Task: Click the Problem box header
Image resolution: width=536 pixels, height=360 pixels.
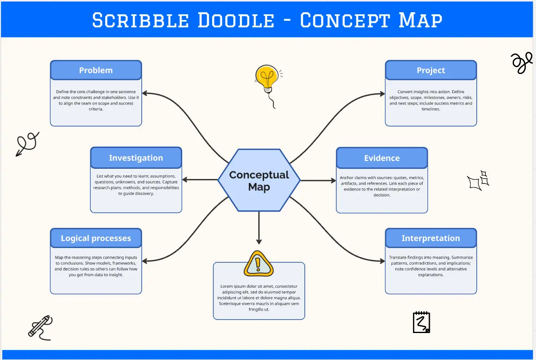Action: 96,70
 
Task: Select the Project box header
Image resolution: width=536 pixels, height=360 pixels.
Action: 431,70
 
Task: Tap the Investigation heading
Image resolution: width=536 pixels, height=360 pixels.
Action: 136,158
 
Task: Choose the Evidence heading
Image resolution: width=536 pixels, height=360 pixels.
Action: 382,158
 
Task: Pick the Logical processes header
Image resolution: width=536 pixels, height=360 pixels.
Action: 96,238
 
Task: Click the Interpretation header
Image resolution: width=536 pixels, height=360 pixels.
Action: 431,238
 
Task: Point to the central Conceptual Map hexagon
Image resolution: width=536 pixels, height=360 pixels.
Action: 259,180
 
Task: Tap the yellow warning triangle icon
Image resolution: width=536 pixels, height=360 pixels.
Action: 259,264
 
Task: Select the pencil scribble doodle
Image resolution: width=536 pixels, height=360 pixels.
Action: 40,327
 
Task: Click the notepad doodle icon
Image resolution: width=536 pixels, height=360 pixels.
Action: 421,322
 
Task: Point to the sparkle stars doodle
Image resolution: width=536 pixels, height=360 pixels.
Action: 478,181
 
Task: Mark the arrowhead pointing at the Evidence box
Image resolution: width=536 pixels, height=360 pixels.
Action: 333,181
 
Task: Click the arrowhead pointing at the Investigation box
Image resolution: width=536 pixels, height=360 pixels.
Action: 185,179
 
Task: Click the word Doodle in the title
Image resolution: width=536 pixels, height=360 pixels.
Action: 236,20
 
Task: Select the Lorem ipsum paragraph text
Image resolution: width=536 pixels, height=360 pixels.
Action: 259,298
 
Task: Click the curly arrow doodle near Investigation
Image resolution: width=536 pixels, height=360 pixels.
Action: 27,143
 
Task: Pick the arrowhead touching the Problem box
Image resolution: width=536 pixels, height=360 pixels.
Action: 145,93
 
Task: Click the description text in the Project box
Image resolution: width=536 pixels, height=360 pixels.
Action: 431,100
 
